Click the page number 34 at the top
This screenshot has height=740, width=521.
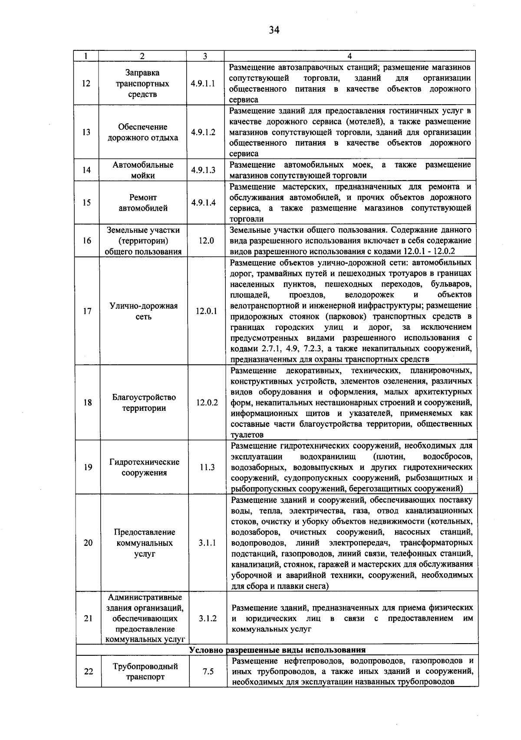tap(274, 30)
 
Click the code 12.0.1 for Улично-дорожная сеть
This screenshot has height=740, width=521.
tap(206, 311)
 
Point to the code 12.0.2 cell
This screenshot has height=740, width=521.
tap(207, 403)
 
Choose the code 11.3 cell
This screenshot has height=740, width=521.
tap(207, 467)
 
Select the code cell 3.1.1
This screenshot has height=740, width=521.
tap(208, 543)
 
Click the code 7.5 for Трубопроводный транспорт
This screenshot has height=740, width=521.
tap(208, 671)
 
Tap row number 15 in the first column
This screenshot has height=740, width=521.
tap(86, 203)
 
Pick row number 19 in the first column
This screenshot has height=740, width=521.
tap(88, 467)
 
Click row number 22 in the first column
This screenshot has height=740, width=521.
tap(89, 671)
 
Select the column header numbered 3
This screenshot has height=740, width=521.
tap(204, 56)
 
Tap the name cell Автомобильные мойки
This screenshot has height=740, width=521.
tap(143, 170)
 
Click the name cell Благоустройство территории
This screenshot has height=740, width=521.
tap(144, 403)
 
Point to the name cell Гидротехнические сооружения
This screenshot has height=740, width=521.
tap(144, 467)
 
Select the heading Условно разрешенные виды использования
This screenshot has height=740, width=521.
tap(277, 650)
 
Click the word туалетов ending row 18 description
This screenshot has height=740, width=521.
tap(247, 435)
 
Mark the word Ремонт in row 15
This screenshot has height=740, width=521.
tap(143, 198)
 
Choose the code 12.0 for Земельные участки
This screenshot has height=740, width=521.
tap(206, 241)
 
